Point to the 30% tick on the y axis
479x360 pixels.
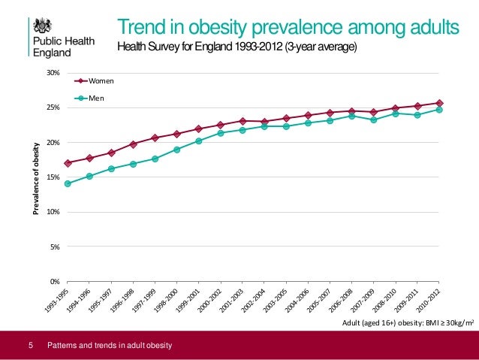pyautogui.click(x=53, y=73)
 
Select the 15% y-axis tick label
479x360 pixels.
pyautogui.click(x=53, y=177)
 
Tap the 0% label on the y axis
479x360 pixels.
pyautogui.click(x=55, y=281)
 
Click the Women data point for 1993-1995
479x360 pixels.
pyautogui.click(x=68, y=163)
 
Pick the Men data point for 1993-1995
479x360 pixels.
pyautogui.click(x=68, y=183)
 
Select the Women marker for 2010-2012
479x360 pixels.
pyautogui.click(x=439, y=103)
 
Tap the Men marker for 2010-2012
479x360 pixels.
pyautogui.click(x=439, y=110)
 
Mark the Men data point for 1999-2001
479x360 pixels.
pyautogui.click(x=198, y=141)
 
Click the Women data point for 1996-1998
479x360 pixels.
pyautogui.click(x=133, y=144)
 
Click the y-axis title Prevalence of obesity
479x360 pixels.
pyautogui.click(x=35, y=177)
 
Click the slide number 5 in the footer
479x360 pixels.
pyautogui.click(x=30, y=345)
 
